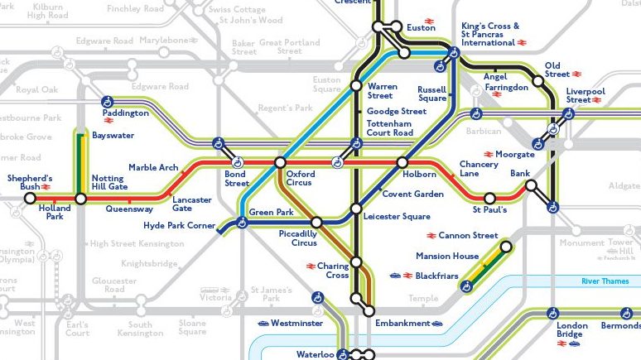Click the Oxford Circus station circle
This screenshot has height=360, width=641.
[x=280, y=162]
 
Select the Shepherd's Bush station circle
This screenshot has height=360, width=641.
[x=31, y=199]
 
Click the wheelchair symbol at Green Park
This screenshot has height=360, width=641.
[x=242, y=222]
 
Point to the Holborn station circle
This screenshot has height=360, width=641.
[x=402, y=162]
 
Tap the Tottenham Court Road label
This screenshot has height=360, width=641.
[x=389, y=128]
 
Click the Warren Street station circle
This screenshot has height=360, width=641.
[x=355, y=85]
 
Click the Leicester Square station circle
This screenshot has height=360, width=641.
[x=355, y=209]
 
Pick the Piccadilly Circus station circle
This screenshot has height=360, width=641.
[x=316, y=222]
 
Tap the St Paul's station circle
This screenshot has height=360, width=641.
[x=489, y=199]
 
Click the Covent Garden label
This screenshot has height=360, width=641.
[x=412, y=194]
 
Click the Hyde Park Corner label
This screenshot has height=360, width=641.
[x=178, y=225]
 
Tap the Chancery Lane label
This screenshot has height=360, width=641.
[x=479, y=169]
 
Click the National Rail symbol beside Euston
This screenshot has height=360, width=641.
[x=430, y=22]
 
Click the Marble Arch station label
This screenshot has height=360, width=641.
[x=153, y=168]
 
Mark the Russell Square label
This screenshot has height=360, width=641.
[x=431, y=93]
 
